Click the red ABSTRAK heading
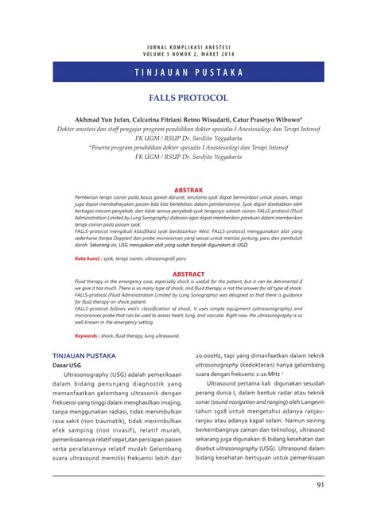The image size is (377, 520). [x=188, y=190]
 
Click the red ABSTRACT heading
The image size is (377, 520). [x=188, y=274]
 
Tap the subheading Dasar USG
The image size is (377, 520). [x=68, y=367]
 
